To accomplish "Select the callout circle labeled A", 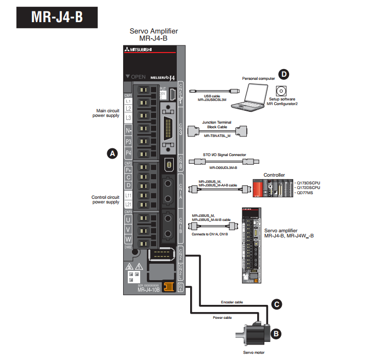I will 111,153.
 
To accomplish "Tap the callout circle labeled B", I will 276,333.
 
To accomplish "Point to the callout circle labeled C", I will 276,304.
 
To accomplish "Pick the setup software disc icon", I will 282,92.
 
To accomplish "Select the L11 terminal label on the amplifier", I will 129,197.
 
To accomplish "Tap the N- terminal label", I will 129,131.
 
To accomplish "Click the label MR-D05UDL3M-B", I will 223,167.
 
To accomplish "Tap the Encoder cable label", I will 231,302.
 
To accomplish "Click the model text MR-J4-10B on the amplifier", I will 152,290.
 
